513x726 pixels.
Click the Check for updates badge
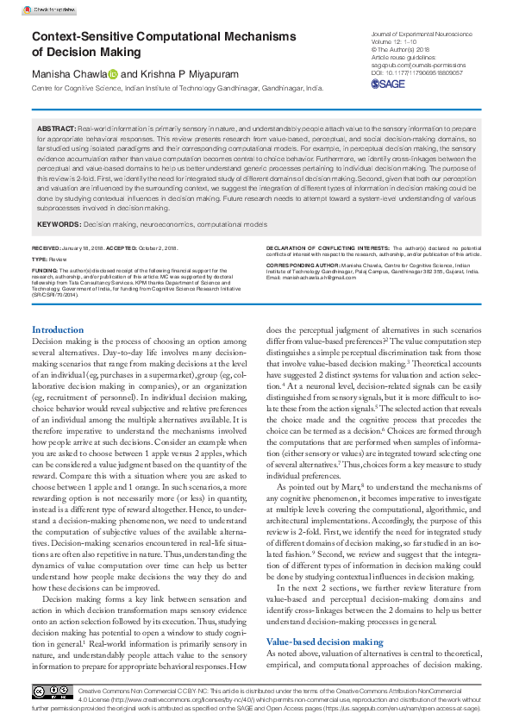tap(49, 10)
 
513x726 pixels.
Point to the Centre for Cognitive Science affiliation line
tap(178, 89)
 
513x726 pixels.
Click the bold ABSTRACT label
tap(56, 128)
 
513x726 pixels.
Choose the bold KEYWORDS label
tap(59, 224)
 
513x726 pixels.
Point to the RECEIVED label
tap(47, 247)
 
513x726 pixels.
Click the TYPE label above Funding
tap(40, 259)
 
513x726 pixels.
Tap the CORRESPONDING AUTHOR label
tap(302, 266)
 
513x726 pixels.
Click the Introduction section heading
tap(58, 330)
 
